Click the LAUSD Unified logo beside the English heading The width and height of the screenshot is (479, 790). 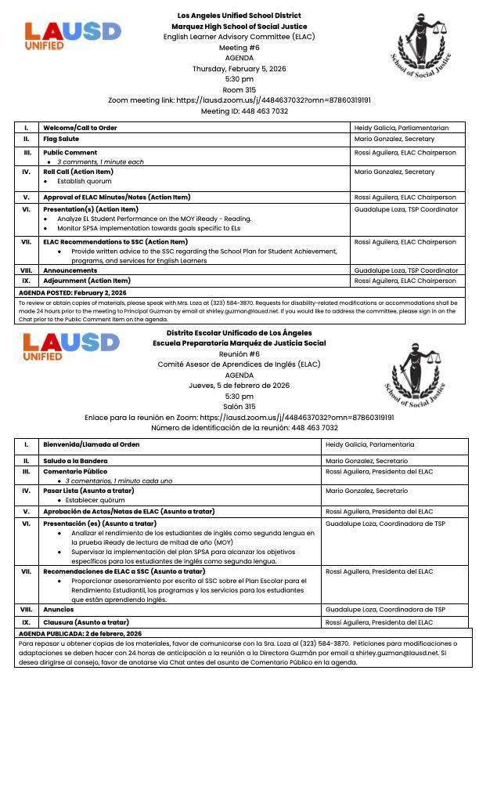point(73,35)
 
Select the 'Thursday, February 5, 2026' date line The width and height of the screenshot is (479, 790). point(239,69)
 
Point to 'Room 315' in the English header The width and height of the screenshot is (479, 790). point(239,90)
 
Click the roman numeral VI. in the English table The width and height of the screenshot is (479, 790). point(27,210)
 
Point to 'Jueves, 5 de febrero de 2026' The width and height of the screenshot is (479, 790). point(239,386)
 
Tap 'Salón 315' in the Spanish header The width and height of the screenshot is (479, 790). point(239,407)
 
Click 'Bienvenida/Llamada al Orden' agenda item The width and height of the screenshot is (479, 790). point(91,445)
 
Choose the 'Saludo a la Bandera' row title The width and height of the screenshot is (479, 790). point(75,461)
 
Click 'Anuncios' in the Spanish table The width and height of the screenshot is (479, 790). point(59,610)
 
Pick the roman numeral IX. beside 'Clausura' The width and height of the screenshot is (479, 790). point(27,622)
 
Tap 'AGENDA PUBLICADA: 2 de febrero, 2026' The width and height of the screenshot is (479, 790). point(80,633)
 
